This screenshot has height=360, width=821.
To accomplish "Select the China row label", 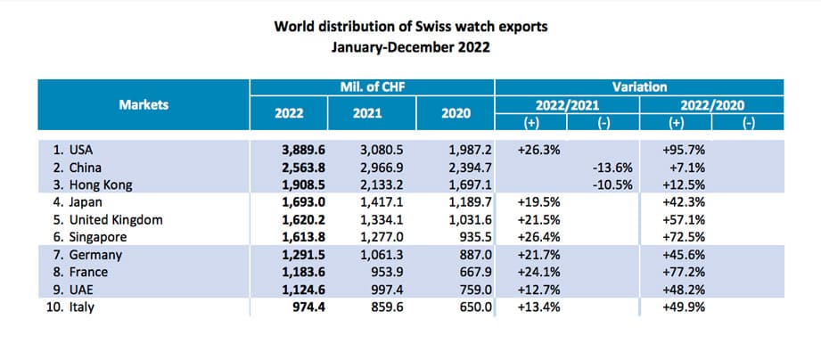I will click(78, 167).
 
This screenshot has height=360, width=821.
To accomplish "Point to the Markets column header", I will click(144, 104).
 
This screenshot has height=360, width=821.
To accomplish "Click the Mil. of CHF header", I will click(373, 86).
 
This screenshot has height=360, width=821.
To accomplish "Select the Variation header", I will click(639, 86).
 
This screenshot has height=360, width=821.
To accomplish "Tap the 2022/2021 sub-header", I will click(567, 104).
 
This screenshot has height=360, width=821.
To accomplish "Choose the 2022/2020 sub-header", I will click(710, 104).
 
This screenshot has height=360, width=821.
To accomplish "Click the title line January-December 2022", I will click(410, 45).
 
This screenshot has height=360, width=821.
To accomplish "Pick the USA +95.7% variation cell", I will click(682, 151).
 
